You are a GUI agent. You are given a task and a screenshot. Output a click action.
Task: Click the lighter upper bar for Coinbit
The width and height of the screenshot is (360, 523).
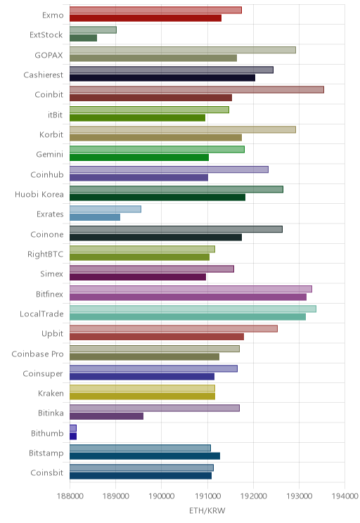[196, 90]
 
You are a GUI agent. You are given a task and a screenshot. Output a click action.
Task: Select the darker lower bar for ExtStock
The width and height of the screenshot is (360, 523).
[83, 38]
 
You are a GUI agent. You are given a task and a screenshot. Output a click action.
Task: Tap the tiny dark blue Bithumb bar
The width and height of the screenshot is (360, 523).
[73, 437]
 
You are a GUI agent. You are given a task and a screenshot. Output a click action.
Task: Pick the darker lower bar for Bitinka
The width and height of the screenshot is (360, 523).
[106, 416]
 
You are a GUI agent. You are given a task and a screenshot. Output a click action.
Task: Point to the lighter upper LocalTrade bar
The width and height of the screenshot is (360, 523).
[193, 309]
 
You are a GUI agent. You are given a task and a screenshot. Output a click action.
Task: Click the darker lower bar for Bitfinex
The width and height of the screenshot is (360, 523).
[188, 297]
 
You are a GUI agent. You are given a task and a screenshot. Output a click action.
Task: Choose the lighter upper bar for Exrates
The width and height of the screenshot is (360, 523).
[105, 209]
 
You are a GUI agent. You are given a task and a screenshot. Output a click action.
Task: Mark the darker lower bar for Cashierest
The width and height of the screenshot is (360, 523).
[162, 78]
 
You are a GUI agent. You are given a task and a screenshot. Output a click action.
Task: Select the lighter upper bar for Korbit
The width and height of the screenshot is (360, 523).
[183, 129]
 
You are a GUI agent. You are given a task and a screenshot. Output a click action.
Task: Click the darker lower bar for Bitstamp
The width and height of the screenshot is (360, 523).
[145, 456]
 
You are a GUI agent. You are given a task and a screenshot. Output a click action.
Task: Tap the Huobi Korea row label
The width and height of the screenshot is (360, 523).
[39, 195]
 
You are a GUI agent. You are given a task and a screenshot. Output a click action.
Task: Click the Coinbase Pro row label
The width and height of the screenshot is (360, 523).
[37, 354]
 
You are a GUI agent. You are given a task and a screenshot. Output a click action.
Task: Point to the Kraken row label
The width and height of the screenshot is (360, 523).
[51, 394]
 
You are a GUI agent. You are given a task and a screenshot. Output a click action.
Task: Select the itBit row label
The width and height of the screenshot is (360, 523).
[55, 115]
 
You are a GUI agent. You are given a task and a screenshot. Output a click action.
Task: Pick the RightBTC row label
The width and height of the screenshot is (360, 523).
[46, 254]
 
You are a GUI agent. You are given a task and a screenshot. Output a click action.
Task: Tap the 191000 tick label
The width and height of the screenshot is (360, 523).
[207, 496]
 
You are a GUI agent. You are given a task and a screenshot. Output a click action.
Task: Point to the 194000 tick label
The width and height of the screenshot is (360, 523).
[345, 496]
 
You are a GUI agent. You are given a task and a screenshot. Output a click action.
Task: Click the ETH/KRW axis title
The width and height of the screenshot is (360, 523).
[207, 510]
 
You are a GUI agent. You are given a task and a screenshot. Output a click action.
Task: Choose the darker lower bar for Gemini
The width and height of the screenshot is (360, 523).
[139, 157]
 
